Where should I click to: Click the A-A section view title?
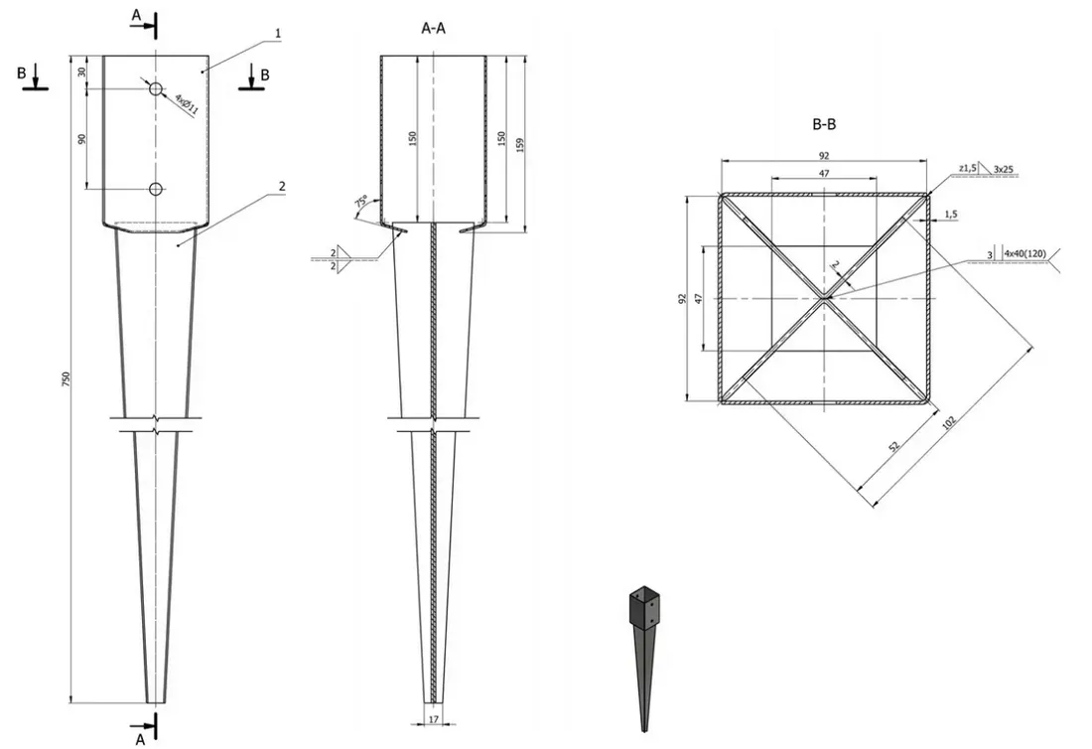[434, 29]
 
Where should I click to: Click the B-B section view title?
[825, 124]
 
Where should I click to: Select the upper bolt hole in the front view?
[156, 89]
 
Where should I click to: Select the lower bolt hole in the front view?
[156, 189]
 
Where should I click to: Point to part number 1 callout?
[279, 34]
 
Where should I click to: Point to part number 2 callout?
[282, 186]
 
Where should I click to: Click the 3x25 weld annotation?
[1003, 170]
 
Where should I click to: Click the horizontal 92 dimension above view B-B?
[824, 155]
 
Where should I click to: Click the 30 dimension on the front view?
[83, 72]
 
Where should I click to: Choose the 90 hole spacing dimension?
[83, 139]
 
